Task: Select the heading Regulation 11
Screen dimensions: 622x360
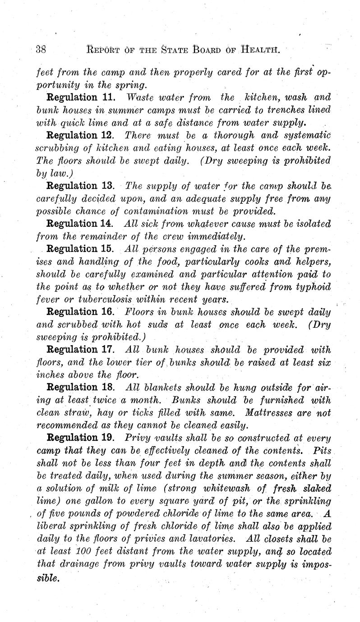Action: click(x=78, y=97)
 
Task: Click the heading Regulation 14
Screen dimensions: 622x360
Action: click(x=78, y=224)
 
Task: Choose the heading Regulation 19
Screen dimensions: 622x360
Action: click(x=78, y=437)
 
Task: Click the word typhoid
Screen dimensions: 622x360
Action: click(x=311, y=287)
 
